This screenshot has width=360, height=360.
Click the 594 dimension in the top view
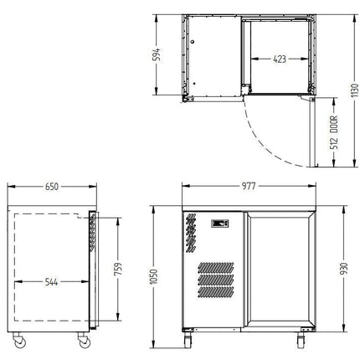[x=157, y=54]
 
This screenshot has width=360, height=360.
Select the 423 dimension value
[x=280, y=59]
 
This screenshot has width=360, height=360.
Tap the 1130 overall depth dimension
[x=355, y=90]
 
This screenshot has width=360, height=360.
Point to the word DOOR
[x=334, y=124]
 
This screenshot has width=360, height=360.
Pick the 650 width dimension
[x=52, y=187]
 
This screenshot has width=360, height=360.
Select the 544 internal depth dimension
[x=52, y=282]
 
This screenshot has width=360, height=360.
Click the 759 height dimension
[x=118, y=269]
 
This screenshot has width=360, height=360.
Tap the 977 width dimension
[x=249, y=186]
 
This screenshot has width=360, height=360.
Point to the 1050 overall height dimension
[x=154, y=277]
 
